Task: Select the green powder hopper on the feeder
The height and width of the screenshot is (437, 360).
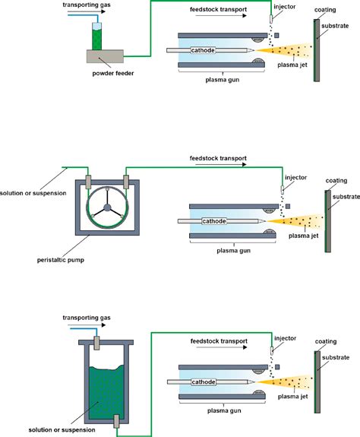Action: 96,34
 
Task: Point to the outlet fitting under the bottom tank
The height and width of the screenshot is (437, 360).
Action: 115,420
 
